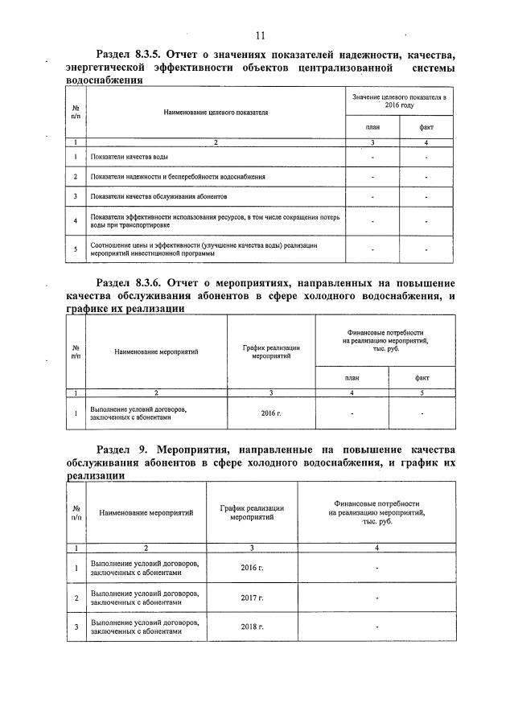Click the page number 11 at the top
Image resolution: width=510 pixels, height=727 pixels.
pyautogui.click(x=259, y=35)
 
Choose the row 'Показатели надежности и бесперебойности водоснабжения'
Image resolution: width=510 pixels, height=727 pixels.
pyautogui.click(x=178, y=176)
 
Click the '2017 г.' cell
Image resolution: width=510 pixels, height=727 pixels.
pyautogui.click(x=252, y=598)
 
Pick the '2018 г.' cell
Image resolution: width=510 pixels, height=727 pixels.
pyautogui.click(x=252, y=626)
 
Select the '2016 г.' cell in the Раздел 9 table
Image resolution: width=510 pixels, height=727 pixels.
pyautogui.click(x=252, y=569)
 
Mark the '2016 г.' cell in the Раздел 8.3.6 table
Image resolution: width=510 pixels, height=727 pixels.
pyautogui.click(x=272, y=413)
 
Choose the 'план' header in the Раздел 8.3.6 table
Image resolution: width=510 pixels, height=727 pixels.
pyautogui.click(x=352, y=376)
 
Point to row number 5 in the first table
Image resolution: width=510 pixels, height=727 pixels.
pyautogui.click(x=75, y=248)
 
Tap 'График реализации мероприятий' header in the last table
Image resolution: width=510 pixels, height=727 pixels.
pyautogui.click(x=252, y=512)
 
